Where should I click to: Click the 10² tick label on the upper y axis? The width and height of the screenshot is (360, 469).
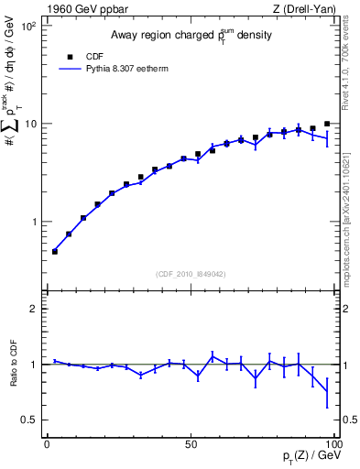[27, 26]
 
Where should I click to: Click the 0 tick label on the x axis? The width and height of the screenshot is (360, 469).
[47, 443]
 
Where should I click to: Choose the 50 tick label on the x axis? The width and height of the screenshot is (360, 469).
[191, 443]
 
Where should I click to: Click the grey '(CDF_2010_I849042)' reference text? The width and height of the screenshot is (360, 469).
[190, 272]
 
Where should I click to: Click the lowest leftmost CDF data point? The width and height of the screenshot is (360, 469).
[55, 251]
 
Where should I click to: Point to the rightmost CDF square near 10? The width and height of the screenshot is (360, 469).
[327, 124]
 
